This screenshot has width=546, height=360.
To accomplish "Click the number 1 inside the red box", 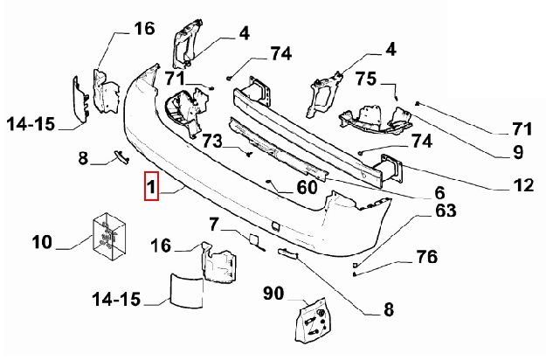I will (x=151, y=187).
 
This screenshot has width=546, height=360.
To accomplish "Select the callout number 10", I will (x=44, y=240).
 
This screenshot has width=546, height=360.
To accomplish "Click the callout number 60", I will (x=307, y=187).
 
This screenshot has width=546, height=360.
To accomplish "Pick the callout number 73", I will (x=213, y=141).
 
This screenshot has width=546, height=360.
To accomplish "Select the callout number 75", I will (x=367, y=79).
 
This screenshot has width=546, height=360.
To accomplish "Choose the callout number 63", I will (x=446, y=210).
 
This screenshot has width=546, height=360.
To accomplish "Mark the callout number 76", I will (x=426, y=256).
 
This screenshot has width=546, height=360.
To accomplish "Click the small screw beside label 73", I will (x=249, y=154).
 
